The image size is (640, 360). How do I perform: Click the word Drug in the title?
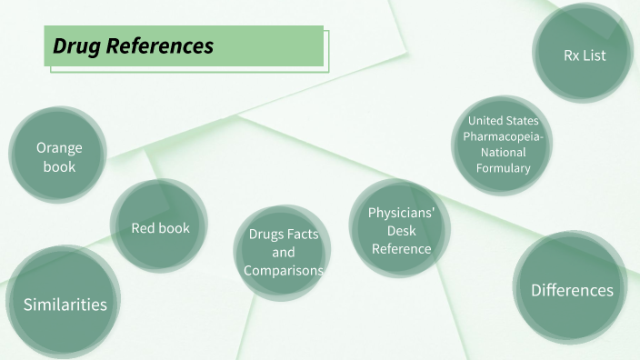pos(75,45)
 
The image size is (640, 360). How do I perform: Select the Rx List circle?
pos(584,55)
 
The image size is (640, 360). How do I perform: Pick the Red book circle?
pos(160,228)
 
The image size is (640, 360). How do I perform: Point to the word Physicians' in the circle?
pos(401,213)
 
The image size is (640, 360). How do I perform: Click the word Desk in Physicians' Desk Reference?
pos(401,231)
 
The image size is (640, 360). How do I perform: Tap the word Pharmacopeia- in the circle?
pos(503,136)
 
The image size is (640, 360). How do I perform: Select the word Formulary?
pos(503,168)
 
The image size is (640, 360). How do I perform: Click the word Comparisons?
pos(283,271)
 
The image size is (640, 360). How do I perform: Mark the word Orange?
pos(59,148)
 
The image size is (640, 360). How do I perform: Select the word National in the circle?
pos(503,152)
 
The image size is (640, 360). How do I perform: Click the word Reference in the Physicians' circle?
pos(401,249)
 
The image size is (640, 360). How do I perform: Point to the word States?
pos(522,121)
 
